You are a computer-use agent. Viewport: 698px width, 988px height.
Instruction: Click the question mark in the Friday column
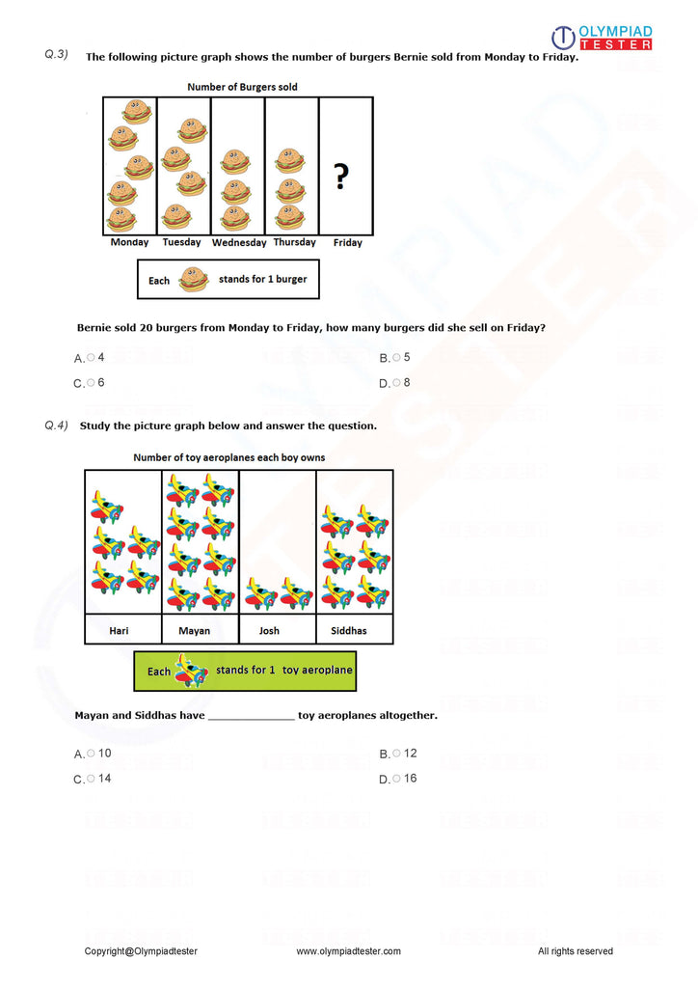pyautogui.click(x=340, y=177)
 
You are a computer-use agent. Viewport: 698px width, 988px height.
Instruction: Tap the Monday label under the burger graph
pyautogui.click(x=129, y=243)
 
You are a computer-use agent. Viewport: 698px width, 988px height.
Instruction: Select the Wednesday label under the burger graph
pyautogui.click(x=239, y=243)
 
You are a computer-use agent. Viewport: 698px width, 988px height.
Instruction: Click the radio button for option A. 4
pyautogui.click(x=91, y=357)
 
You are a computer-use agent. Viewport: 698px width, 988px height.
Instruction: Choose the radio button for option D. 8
pyautogui.click(x=396, y=383)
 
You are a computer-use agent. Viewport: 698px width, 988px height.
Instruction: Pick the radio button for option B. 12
pyautogui.click(x=396, y=754)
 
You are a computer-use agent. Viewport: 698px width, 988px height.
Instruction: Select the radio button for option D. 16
pyautogui.click(x=396, y=779)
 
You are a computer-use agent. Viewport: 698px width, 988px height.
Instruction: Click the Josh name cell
pyautogui.click(x=270, y=631)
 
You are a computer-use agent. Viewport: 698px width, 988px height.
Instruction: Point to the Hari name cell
pyautogui.click(x=120, y=631)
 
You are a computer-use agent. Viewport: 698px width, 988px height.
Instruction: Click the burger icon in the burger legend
pyautogui.click(x=194, y=280)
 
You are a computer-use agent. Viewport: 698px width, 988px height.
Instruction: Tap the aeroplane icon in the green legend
pyautogui.click(x=191, y=671)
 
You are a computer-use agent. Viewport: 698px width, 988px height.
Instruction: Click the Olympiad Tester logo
pyautogui.click(x=602, y=38)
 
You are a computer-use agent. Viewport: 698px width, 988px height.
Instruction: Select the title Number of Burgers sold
pyautogui.click(x=242, y=87)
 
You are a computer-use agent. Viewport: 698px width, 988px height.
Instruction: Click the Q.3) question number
pyautogui.click(x=56, y=55)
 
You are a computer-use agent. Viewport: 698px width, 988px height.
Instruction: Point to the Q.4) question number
pyautogui.click(x=56, y=425)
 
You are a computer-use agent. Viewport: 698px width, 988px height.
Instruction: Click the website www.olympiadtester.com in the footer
pyautogui.click(x=348, y=951)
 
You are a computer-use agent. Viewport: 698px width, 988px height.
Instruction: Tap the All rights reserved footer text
pyautogui.click(x=575, y=951)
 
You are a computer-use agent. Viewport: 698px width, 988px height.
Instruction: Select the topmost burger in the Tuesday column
pyautogui.click(x=193, y=130)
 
